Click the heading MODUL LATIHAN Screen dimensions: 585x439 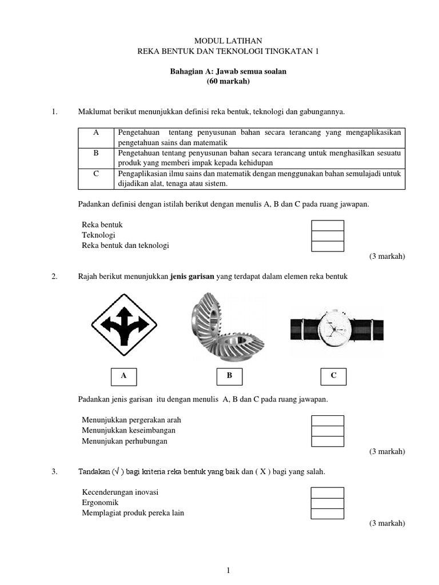tap(228, 41)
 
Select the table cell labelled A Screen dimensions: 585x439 tap(95, 133)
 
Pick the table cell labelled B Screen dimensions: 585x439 tap(95, 153)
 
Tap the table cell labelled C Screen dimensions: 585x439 tap(95, 173)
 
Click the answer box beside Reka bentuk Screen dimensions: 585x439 tap(327, 225)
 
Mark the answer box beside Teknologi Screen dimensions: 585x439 tap(327, 235)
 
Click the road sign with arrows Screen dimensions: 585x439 tap(124, 326)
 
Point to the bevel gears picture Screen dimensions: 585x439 tap(227, 326)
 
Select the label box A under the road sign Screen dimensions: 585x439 tap(123, 376)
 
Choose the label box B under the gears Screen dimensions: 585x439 tap(229, 376)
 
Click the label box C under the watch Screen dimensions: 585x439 tap(333, 376)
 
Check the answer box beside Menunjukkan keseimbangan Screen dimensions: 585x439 tap(327, 431)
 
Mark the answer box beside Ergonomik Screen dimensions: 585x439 tap(327, 503)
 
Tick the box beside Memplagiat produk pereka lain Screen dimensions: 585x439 tap(327, 513)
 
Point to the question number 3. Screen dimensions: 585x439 tap(54, 472)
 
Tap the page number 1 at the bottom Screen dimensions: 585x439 tap(228, 570)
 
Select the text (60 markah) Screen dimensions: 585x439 tap(228, 82)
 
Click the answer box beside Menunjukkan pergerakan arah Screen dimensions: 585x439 tap(327, 420)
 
